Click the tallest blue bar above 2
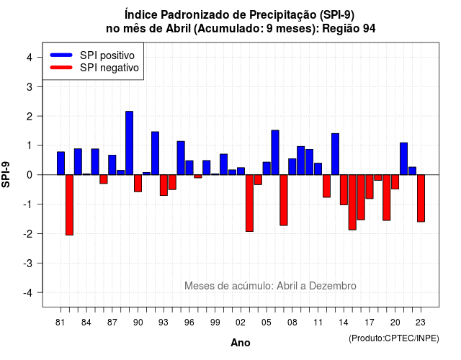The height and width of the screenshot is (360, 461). (129, 143)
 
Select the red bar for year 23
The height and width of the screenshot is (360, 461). (421, 198)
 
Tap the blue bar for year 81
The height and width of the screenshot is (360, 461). (61, 163)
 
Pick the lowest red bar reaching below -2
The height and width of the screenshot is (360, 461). (69, 204)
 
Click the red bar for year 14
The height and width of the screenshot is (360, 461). (344, 189)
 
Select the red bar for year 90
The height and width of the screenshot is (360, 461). (138, 183)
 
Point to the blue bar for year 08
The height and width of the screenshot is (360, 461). (292, 166)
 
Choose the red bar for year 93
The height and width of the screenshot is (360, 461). (164, 185)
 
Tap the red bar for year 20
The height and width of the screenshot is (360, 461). (395, 181)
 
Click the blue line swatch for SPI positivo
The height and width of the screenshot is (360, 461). (61, 55)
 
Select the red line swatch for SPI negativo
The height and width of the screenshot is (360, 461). (61, 67)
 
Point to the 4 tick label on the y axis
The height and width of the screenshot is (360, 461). (30, 57)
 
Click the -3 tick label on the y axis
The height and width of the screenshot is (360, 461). (28, 263)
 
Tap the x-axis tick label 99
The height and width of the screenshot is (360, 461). (215, 323)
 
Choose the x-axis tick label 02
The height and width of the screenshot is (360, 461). (241, 323)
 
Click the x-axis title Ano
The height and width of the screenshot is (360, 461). (241, 343)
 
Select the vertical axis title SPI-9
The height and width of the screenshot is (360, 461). (6, 174)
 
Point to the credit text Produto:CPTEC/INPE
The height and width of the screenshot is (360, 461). (394, 338)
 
